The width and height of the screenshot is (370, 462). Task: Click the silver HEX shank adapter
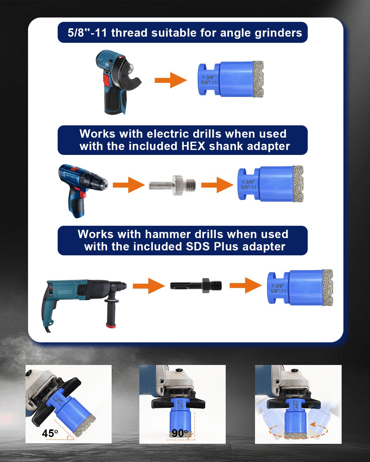pyautogui.click(x=173, y=185)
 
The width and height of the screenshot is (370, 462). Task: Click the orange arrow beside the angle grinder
pyautogui.click(x=171, y=80)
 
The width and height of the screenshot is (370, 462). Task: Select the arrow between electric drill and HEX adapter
pyautogui.click(x=129, y=185)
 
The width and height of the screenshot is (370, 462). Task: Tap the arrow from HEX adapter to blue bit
pyautogui.click(x=217, y=185)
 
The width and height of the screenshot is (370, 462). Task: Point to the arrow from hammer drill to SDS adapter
pyautogui.click(x=149, y=286)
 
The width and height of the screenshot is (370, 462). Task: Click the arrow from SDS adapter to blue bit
pyautogui.click(x=245, y=285)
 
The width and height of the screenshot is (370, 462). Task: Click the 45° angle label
pyautogui.click(x=50, y=433)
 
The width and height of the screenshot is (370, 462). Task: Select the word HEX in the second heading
pyautogui.click(x=193, y=146)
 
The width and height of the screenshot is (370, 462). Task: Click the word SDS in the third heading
pyautogui.click(x=198, y=247)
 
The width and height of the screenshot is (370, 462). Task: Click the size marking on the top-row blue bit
pyautogui.click(x=209, y=80)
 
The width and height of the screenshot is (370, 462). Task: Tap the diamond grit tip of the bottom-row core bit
pyautogui.click(x=327, y=286)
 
